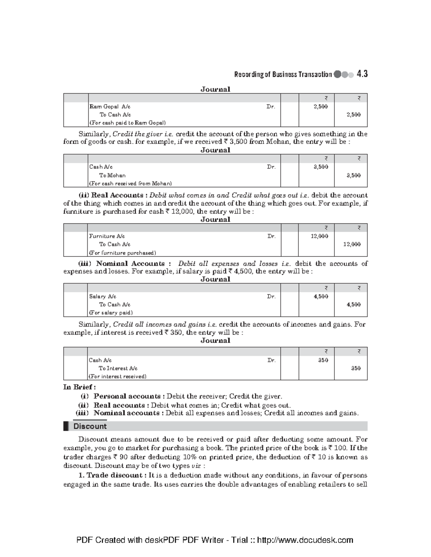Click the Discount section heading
(x=90, y=426)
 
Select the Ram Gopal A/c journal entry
(x=110, y=107)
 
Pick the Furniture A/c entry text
(x=107, y=236)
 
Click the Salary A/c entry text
(x=103, y=296)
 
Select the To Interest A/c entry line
(x=118, y=368)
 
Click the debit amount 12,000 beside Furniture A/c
(x=319, y=236)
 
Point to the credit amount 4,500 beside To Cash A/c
(x=353, y=305)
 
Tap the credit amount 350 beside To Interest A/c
(x=356, y=368)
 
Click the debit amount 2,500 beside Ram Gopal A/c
(x=320, y=107)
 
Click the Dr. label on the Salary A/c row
(x=271, y=296)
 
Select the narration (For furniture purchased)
(x=122, y=252)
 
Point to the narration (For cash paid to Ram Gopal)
(x=128, y=123)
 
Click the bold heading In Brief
(x=79, y=387)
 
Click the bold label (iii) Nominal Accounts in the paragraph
(x=122, y=264)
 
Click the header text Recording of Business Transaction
(x=283, y=75)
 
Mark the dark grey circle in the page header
(x=337, y=75)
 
